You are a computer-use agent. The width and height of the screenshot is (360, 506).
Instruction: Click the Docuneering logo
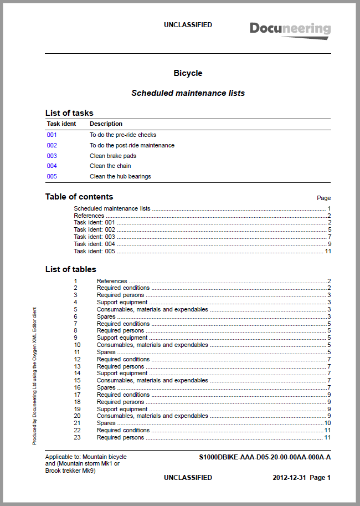(290, 29)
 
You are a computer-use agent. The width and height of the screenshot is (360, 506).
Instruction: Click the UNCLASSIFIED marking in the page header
(188, 25)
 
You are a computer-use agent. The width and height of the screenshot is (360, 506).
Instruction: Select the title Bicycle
(188, 73)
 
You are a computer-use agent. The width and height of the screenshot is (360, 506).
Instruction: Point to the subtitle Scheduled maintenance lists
(188, 93)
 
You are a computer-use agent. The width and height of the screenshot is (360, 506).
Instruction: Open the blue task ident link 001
(52, 135)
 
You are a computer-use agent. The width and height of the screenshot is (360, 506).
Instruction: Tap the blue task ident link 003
(52, 156)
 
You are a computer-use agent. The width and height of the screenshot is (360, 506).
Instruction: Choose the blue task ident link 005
(52, 176)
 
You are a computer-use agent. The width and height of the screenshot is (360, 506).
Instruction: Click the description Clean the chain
(110, 166)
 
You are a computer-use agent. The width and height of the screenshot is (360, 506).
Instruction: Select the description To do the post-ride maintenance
(132, 145)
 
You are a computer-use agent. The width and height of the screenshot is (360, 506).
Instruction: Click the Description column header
(106, 124)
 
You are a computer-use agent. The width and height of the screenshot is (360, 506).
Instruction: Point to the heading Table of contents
(79, 197)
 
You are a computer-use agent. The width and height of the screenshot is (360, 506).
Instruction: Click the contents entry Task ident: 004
(94, 244)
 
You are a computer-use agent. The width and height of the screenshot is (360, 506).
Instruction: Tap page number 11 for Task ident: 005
(327, 251)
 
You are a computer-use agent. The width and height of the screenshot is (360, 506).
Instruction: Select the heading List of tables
(70, 269)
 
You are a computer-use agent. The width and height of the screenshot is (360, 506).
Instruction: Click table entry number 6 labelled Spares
(106, 316)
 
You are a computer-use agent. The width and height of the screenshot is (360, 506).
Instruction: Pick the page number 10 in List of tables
(327, 423)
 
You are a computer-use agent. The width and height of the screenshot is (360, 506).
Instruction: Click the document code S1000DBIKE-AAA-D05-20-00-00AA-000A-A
(265, 457)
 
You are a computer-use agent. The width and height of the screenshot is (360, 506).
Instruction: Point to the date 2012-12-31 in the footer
(289, 477)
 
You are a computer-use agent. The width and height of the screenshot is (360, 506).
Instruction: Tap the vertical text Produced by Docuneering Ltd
(34, 377)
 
